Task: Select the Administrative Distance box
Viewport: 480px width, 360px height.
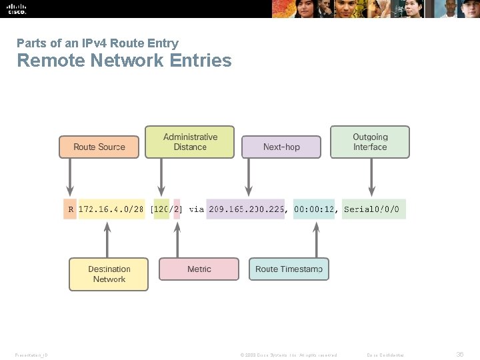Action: click(x=190, y=142)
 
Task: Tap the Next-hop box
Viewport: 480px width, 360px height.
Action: click(x=281, y=147)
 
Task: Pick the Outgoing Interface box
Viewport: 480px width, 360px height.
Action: click(x=370, y=142)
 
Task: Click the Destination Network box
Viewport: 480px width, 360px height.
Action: click(x=109, y=274)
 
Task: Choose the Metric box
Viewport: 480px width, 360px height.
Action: click(x=199, y=269)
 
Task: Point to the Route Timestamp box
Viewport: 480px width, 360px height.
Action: click(x=289, y=269)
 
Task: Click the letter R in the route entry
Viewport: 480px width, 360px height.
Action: click(x=70, y=209)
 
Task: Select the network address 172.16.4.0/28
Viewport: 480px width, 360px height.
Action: click(x=111, y=209)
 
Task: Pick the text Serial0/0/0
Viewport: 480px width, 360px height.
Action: click(x=371, y=209)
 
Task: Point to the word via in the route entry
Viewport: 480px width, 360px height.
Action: click(x=196, y=209)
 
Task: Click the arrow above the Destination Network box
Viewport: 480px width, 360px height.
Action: click(x=107, y=239)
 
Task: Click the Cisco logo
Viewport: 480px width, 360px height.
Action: click(x=17, y=9)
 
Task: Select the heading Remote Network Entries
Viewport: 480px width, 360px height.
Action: click(x=124, y=61)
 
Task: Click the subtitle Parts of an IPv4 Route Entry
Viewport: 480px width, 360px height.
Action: click(x=97, y=43)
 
